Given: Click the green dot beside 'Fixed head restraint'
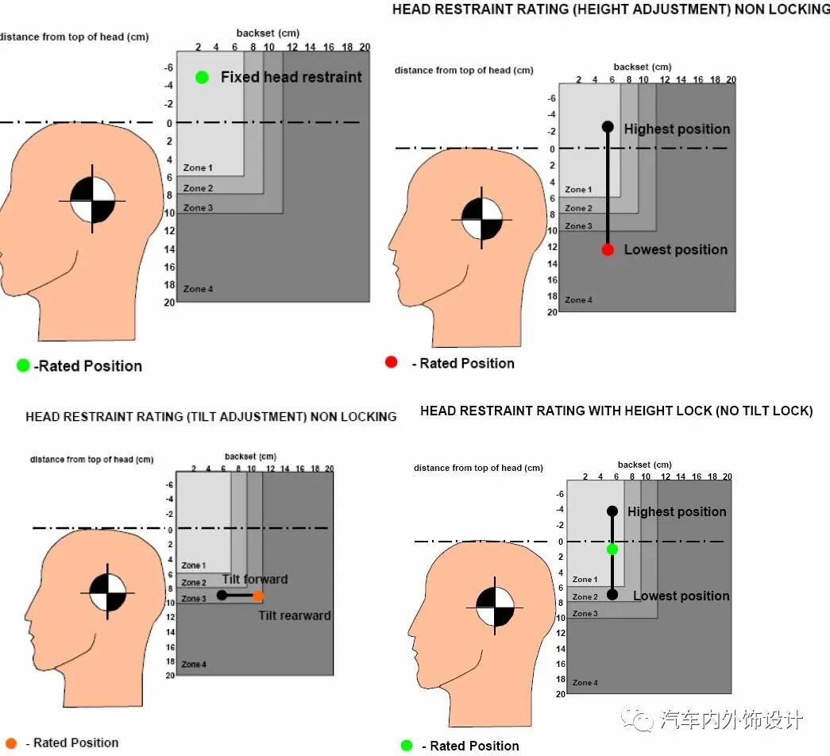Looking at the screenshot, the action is pos(202,77).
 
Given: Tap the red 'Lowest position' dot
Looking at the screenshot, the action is pos(608,249).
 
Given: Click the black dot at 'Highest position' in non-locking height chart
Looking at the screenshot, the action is pos(608,127).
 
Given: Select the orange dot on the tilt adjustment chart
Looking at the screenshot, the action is pos(258,596).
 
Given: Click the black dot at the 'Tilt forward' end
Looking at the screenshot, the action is pos(222,595).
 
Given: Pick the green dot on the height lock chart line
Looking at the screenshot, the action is pos(612,550).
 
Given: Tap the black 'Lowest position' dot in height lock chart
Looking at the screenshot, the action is pos(612,595).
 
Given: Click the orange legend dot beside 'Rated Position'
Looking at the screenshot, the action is pos(11,742).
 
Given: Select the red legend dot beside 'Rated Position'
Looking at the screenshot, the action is pos(392,362).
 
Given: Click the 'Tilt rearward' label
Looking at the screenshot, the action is pos(295,615).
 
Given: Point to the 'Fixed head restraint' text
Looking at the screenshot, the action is pos(291,77).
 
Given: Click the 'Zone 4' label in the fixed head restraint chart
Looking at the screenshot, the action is pos(198,289).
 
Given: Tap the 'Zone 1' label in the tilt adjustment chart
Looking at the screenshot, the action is pos(194,565).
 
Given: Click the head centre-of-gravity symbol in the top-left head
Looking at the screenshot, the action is pos(92,201).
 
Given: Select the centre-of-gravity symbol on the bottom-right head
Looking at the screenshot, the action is pos(495,607).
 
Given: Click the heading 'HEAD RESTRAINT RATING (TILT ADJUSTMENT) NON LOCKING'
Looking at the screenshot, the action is pos(211,417).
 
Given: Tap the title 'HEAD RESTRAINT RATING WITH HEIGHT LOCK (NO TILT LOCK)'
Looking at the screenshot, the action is pos(616,411).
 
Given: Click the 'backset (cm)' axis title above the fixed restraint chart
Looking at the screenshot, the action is pos(268,33).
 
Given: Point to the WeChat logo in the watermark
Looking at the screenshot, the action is pos(637,719).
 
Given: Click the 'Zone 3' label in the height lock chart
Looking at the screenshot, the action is pos(585,614).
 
